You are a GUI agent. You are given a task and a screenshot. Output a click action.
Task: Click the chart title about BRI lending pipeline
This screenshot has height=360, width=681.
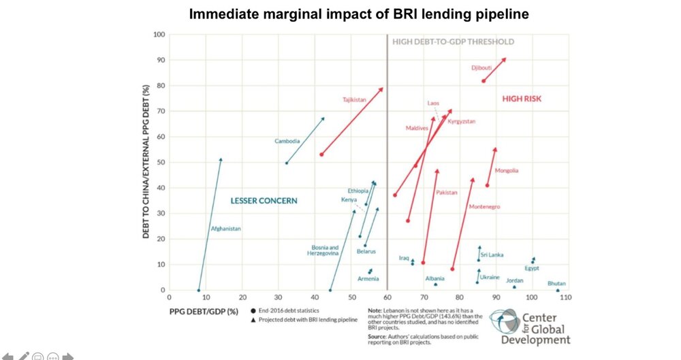pyautogui.click(x=340, y=14)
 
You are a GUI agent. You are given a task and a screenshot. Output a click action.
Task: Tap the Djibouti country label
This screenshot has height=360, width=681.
pyautogui.click(x=481, y=67)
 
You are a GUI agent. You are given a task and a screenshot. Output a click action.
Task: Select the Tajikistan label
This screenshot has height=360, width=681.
pyautogui.click(x=354, y=100)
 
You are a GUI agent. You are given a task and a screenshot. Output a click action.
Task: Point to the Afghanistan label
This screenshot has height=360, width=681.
pyautogui.click(x=225, y=229)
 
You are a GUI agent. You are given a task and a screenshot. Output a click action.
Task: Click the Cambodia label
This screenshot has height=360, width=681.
pyautogui.click(x=287, y=141)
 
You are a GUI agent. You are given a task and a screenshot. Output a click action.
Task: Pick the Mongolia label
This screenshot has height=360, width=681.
pyautogui.click(x=507, y=170)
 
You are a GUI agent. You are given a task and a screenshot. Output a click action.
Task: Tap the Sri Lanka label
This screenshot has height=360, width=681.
pyautogui.click(x=492, y=255)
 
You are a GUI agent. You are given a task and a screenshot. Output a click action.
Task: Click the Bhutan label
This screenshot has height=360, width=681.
pyautogui.click(x=556, y=283)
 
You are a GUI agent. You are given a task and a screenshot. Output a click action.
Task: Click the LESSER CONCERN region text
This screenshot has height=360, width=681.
pyautogui.click(x=265, y=200)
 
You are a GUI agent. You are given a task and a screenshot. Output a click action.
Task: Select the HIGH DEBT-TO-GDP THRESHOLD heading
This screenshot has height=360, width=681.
pyautogui.click(x=453, y=42)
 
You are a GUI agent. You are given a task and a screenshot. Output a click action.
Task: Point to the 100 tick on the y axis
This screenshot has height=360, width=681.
pyautogui.click(x=159, y=34)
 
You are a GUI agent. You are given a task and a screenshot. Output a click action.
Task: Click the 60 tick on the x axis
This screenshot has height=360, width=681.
pyautogui.click(x=387, y=298)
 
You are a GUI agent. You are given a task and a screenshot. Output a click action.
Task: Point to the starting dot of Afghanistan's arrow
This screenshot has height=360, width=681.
pyautogui.click(x=199, y=290)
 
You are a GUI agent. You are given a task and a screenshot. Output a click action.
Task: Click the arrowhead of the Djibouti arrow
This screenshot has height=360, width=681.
pyautogui.click(x=505, y=59)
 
